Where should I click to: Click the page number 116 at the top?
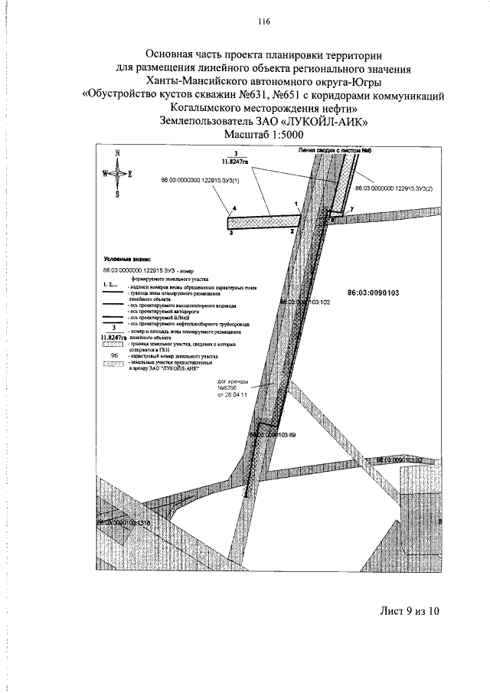coord(245,21)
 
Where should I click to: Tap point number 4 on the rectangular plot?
coord(235,209)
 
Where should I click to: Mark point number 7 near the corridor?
coord(351,209)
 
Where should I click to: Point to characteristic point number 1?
coord(296,204)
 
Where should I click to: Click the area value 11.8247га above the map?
coord(227,162)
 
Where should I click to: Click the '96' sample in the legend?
coord(114,355)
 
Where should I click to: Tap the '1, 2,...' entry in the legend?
coord(112,283)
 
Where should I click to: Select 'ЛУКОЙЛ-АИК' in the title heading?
coord(334,121)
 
